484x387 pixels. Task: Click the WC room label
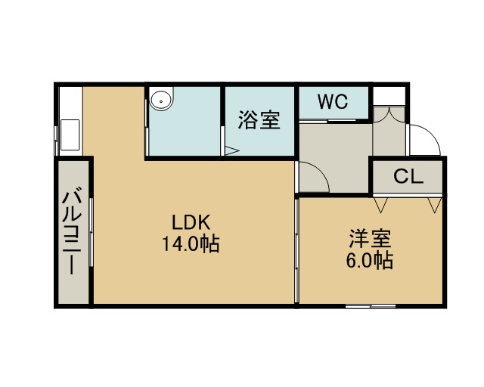333,101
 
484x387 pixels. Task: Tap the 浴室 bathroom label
259,119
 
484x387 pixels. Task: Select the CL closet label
408,177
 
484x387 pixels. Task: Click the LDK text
191,222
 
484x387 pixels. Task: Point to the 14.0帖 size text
191,244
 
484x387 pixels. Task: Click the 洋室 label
371,238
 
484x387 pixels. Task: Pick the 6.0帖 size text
370,261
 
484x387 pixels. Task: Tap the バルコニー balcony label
72,231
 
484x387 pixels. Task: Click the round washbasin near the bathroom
161,100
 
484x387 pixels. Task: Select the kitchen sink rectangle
70,135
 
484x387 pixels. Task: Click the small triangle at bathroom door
232,150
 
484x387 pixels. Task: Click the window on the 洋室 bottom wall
371,306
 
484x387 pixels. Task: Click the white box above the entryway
389,96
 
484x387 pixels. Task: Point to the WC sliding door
327,121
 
